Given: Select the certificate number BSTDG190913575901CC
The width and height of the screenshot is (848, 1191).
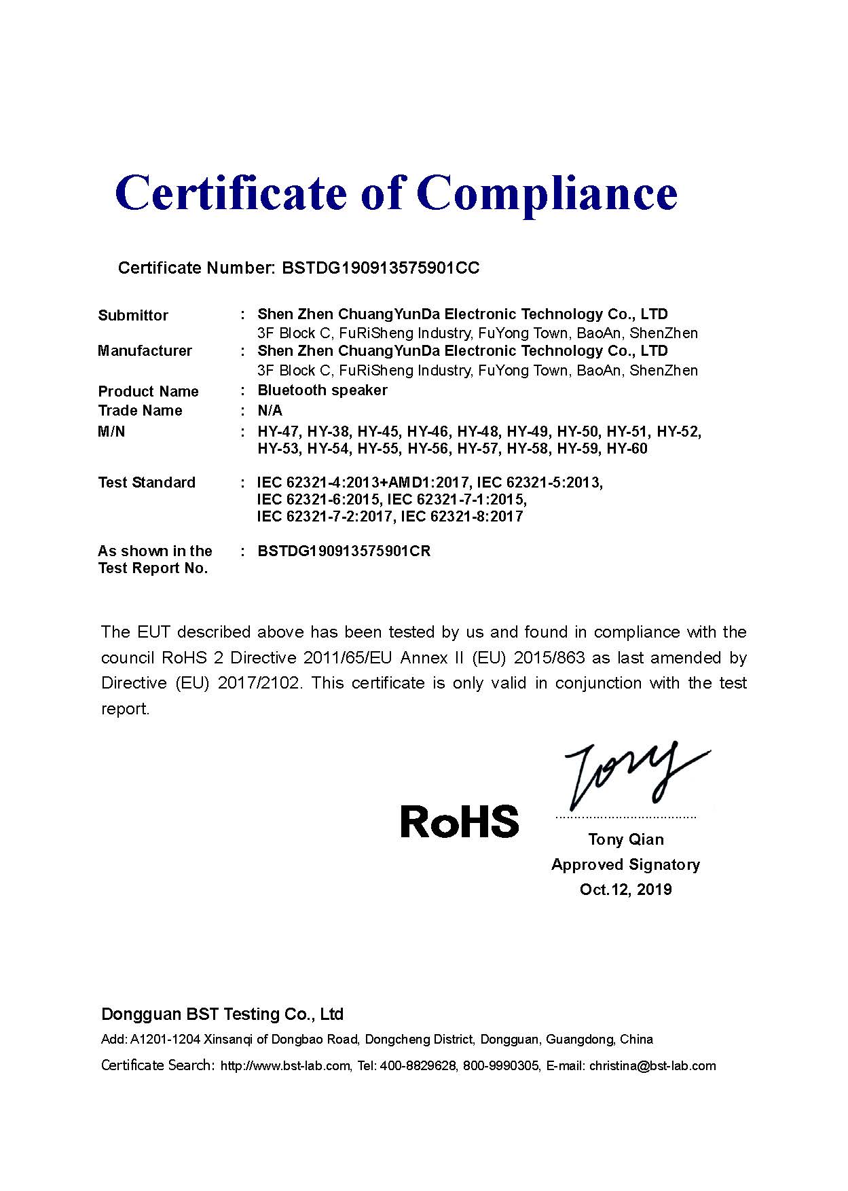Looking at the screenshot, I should (x=380, y=268).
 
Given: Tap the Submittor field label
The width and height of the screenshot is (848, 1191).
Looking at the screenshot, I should (x=133, y=315).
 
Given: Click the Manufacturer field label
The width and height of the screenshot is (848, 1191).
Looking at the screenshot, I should (x=145, y=351).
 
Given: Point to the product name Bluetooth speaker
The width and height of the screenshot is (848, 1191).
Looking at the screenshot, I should (x=322, y=390).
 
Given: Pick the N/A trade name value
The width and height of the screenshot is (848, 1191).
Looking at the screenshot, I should (x=270, y=411).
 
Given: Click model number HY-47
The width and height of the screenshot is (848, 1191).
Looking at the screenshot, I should (x=279, y=432).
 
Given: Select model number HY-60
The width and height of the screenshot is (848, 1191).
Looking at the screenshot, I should (x=627, y=449).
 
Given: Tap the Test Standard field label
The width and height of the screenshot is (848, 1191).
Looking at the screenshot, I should (x=146, y=483).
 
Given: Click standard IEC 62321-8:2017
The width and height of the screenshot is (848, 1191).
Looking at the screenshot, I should (x=462, y=517).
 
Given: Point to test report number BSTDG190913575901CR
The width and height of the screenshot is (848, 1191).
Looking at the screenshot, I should (x=344, y=551).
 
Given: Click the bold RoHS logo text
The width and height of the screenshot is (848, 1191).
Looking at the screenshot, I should (x=460, y=821).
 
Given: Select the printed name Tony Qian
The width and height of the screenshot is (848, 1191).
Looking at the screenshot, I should (x=625, y=840).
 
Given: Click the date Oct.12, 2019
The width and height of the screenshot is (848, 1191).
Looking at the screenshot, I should (x=625, y=890).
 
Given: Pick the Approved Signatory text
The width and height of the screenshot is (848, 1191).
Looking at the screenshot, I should (x=625, y=865).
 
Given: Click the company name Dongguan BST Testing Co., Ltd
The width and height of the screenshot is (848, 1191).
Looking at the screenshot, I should (x=222, y=1014).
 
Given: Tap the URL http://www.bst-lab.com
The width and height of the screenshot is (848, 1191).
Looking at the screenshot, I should (x=285, y=1066).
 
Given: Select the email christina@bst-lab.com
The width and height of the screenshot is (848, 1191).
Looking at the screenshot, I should (x=652, y=1066).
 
